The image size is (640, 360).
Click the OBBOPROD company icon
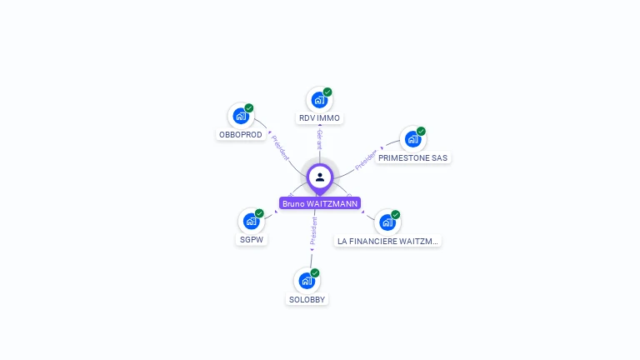[x=240, y=116]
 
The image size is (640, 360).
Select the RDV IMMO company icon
[x=318, y=100]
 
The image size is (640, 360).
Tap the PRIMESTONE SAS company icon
[x=412, y=139]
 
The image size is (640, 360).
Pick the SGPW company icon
[x=250, y=222]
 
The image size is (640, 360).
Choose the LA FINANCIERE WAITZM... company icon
[x=387, y=222]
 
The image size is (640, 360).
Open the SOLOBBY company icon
[x=307, y=281]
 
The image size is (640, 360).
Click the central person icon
[x=320, y=177]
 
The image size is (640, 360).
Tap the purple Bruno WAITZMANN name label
[x=320, y=203]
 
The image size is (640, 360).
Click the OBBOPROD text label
[x=241, y=135]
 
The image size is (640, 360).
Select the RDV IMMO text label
[x=319, y=118]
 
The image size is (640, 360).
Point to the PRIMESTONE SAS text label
[x=413, y=157]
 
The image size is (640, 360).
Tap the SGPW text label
[x=251, y=241]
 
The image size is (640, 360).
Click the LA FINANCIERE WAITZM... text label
[x=387, y=241]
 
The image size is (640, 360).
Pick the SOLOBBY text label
[x=307, y=299]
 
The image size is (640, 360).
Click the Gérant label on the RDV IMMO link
[x=319, y=139]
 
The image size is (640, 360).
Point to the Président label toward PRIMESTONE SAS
[x=367, y=160]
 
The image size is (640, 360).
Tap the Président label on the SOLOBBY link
[x=313, y=231]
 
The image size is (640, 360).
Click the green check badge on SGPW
[x=259, y=213]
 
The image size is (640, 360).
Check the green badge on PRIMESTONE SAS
[x=421, y=131]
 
